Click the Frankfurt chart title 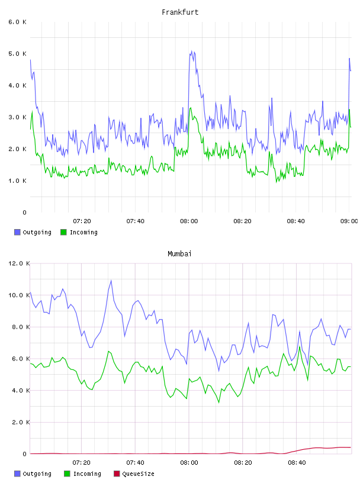[x=180, y=12]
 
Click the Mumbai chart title [x=179, y=254]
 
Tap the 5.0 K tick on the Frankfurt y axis [x=18, y=54]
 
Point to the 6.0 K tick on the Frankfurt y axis [x=18, y=22]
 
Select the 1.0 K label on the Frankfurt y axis [x=18, y=181]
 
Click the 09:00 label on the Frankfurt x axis [x=349, y=221]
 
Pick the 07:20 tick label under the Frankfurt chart [x=82, y=221]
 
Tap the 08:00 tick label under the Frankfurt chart [x=189, y=221]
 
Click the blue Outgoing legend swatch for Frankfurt [x=17, y=232]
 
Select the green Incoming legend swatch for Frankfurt [x=63, y=232]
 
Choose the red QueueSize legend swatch [x=117, y=474]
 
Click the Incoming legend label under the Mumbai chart [x=87, y=474]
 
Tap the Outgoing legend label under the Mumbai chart [x=37, y=474]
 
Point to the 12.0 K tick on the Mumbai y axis [x=19, y=263]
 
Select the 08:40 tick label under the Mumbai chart [x=297, y=463]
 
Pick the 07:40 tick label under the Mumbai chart [x=136, y=463]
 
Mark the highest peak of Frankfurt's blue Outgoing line [x=191, y=51]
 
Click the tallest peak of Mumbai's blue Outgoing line [x=111, y=281]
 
